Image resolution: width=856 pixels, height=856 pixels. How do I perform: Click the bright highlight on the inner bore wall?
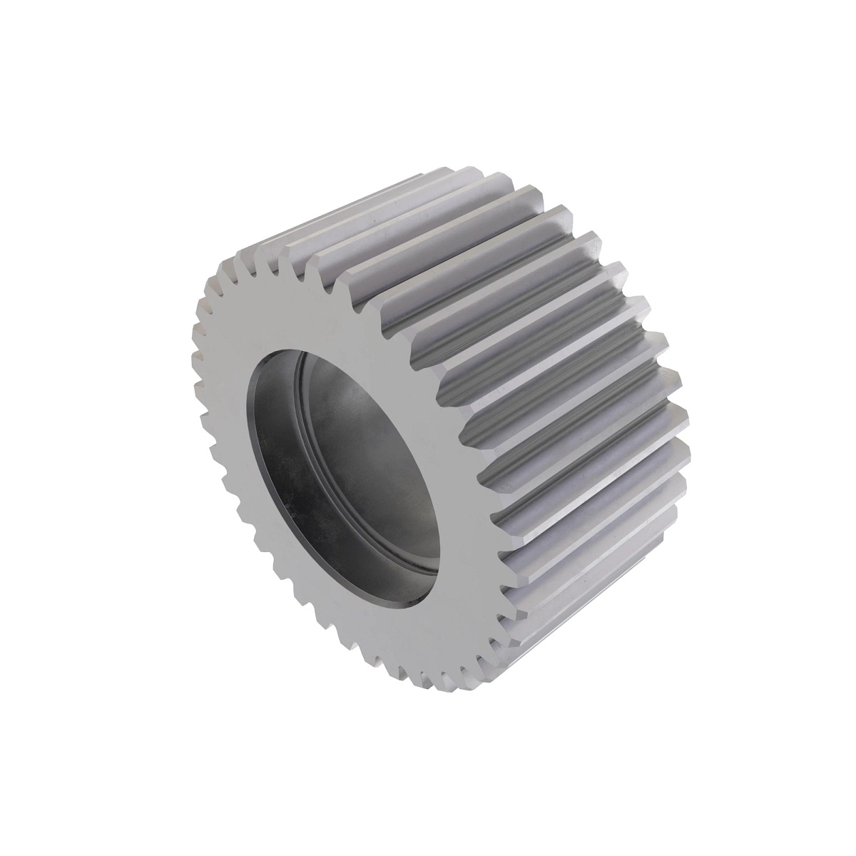(x=357, y=399)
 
